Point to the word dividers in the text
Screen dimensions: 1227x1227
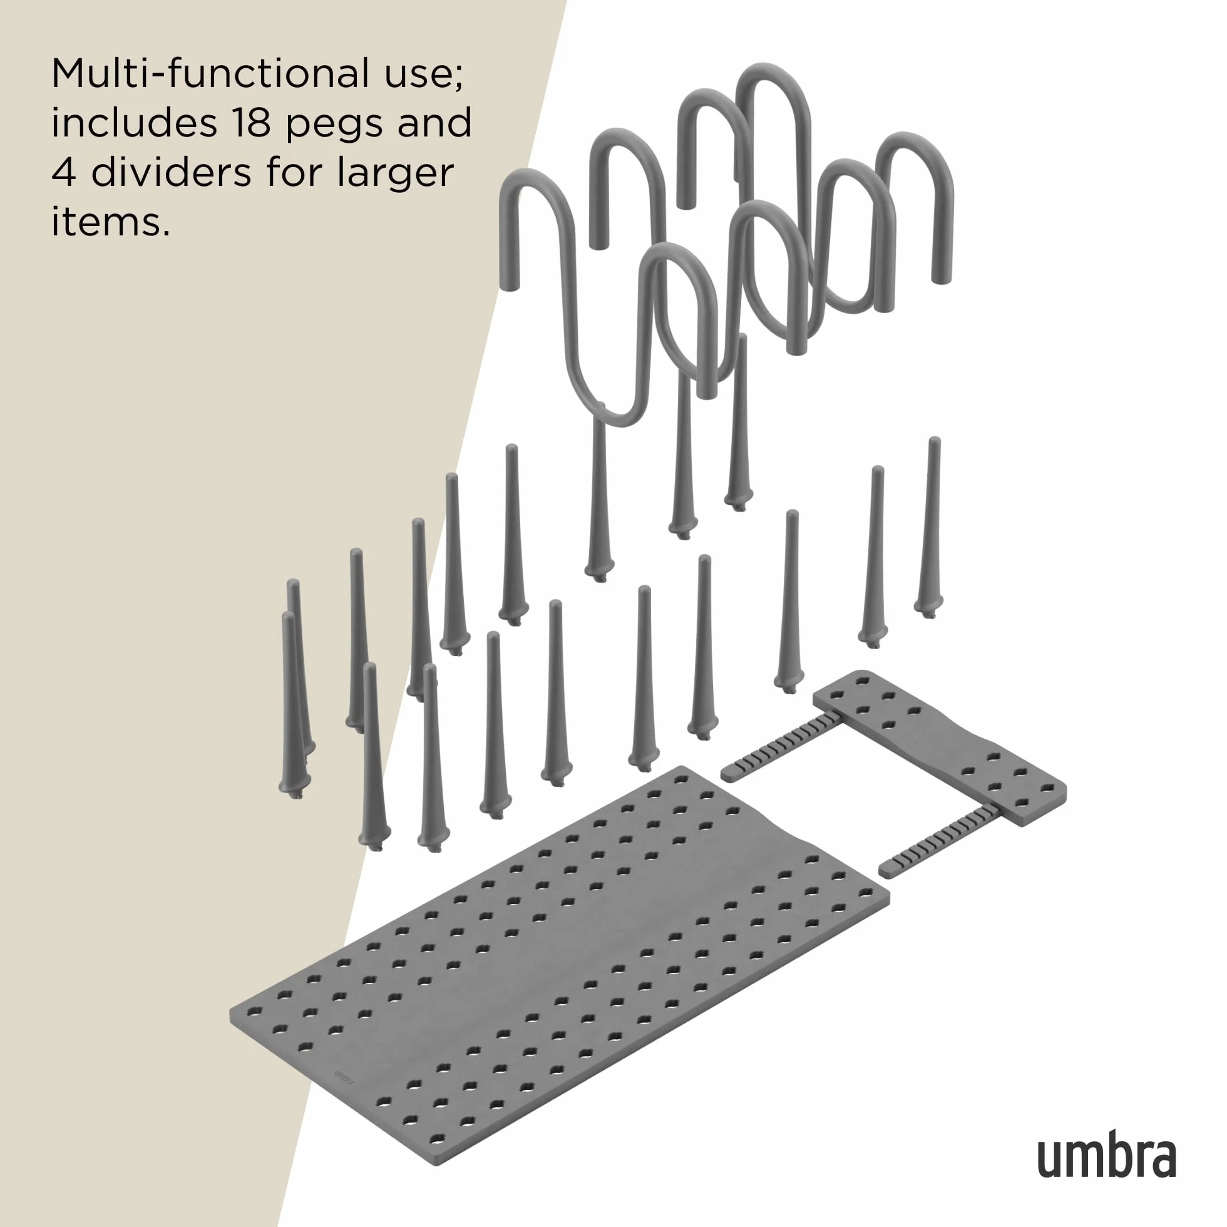172,173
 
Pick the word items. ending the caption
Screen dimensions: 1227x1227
111,222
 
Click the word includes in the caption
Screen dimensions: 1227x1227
135,123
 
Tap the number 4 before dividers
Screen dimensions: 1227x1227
64,173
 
